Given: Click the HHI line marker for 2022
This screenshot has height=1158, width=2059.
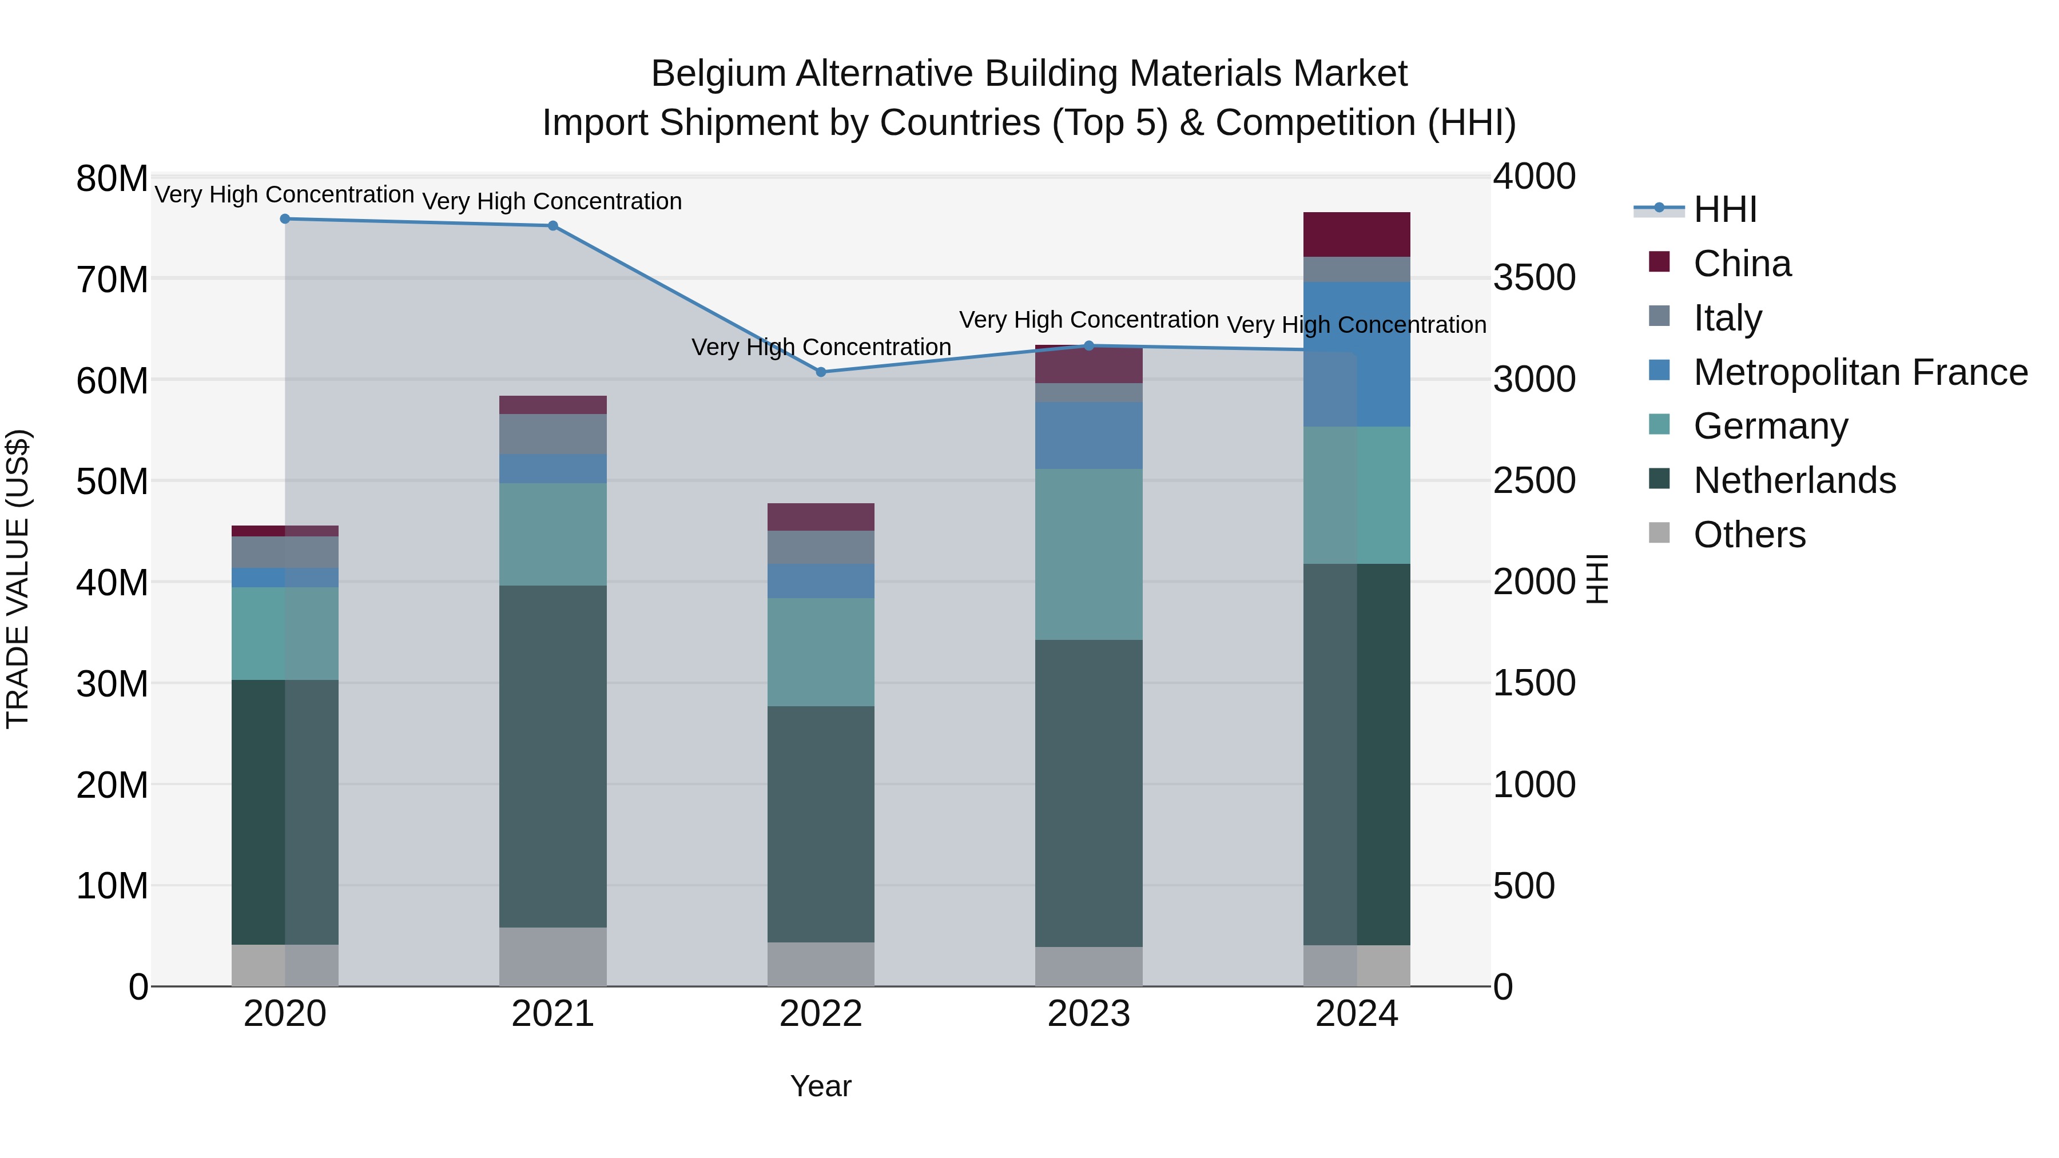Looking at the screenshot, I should point(820,372).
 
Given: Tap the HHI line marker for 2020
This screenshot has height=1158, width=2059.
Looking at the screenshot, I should point(285,219).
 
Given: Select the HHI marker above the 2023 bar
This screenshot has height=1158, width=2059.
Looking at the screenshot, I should point(1088,346).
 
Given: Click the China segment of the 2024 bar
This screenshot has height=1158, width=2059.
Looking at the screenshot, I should point(1357,234).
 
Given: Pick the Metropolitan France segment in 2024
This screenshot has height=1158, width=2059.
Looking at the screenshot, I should point(1357,354).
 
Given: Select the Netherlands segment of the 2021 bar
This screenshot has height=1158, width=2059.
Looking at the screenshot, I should point(552,756).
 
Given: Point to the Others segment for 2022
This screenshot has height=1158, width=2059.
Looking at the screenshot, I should point(820,964).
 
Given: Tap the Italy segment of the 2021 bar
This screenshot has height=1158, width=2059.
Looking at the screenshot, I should point(552,434).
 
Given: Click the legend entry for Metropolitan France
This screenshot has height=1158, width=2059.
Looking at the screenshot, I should point(1860,372).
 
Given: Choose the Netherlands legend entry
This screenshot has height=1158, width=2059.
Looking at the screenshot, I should point(1794,480).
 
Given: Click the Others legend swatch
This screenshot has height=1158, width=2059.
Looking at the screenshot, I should point(1659,533).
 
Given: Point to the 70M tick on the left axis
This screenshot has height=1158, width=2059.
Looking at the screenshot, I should point(112,280).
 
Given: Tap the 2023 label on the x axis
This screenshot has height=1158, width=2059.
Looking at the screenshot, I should point(1088,1014).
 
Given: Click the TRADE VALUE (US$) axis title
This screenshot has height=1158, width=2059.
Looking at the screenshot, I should point(18,579).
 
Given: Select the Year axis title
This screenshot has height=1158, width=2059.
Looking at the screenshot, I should point(820,1086).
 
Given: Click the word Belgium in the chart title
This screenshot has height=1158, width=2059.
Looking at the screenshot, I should point(718,74).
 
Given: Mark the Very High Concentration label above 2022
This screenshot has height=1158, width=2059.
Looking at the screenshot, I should point(820,347).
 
